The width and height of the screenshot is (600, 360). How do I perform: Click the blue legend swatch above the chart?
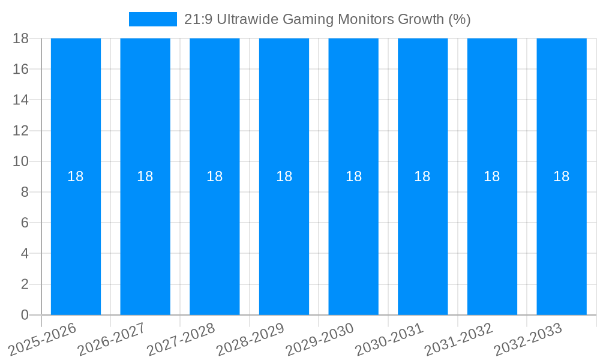click(x=152, y=19)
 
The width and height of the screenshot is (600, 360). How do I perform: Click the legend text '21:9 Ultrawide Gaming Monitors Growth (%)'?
click(x=327, y=19)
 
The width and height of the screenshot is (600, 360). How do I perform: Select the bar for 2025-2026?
click(x=76, y=240)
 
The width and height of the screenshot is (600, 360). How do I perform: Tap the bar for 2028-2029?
click(x=284, y=240)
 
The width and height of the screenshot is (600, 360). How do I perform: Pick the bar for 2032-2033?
click(x=562, y=240)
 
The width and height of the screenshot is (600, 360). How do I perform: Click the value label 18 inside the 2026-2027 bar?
click(x=145, y=176)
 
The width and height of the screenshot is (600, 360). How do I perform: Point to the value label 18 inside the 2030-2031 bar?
click(x=422, y=176)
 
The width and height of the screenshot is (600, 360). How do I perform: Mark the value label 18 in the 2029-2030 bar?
click(x=353, y=176)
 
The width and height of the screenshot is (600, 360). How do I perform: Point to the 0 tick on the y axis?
click(x=25, y=315)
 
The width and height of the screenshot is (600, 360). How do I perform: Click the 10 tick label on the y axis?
click(x=21, y=161)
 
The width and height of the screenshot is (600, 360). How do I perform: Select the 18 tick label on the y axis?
click(x=21, y=38)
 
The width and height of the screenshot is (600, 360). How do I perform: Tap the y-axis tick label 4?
click(x=25, y=254)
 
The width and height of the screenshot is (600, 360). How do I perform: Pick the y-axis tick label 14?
click(x=21, y=100)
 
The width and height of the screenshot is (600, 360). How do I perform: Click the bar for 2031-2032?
click(x=492, y=240)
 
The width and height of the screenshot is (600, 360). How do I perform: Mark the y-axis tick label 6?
click(x=25, y=223)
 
